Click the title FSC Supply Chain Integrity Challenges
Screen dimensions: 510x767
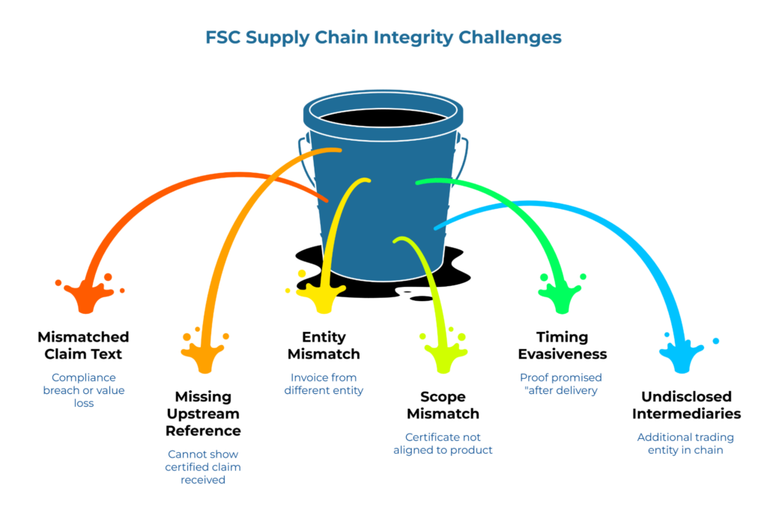tap(383, 37)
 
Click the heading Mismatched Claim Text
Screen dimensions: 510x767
tap(83, 345)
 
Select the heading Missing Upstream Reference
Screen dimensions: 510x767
tap(203, 413)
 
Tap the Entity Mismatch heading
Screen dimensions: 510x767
tap(324, 345)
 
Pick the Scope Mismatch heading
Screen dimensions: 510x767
tap(442, 405)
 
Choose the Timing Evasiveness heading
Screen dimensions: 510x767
tap(561, 345)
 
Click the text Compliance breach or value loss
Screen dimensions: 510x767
tap(83, 390)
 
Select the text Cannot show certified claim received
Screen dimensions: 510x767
tap(203, 467)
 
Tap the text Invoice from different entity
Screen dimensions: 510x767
tap(324, 383)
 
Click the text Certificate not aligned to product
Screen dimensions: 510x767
tap(442, 443)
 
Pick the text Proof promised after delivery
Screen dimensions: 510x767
tap(561, 383)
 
